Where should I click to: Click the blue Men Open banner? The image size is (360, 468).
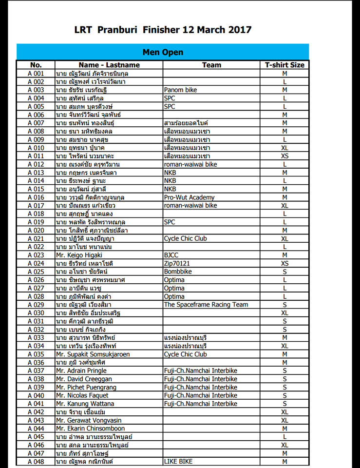pos(163,52)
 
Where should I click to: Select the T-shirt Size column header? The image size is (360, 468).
pos(284,65)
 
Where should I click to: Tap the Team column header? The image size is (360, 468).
pos(211,65)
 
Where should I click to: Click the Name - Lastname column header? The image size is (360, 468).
pos(109,65)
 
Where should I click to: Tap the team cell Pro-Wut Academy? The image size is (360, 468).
pos(189,197)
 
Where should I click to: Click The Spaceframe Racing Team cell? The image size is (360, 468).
pos(206,304)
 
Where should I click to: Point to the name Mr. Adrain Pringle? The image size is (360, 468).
pos(81,370)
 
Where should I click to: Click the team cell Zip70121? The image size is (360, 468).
pos(178,263)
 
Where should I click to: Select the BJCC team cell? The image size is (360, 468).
pos(172,254)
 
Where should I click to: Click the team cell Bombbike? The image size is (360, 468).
pos(178,271)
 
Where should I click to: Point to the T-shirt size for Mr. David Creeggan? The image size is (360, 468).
pos(284,379)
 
